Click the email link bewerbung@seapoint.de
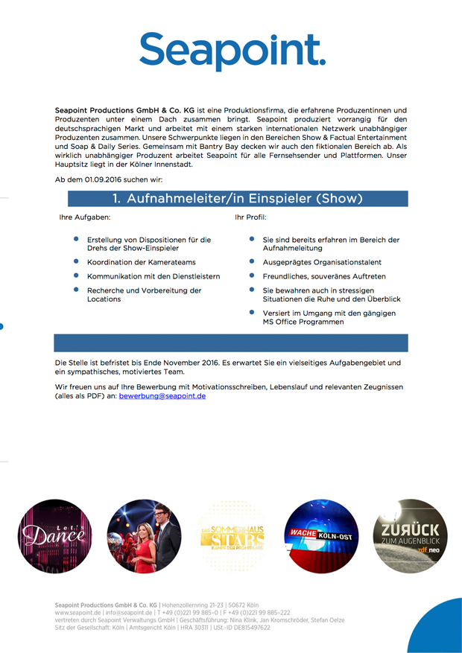pyautogui.click(x=162, y=396)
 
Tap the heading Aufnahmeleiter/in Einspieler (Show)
pyautogui.click(x=238, y=199)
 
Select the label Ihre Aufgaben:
pyautogui.click(x=85, y=217)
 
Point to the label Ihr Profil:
pyautogui.click(x=250, y=217)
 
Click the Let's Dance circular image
pyautogui.click(x=50, y=536)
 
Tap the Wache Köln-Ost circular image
pyautogui.click(x=323, y=536)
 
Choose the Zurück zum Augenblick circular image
pyautogui.click(x=410, y=536)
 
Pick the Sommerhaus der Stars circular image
pyautogui.click(x=231, y=536)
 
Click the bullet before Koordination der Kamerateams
pyautogui.click(x=76, y=261)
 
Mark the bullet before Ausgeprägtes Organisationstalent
pyautogui.click(x=252, y=261)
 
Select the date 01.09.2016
pyautogui.click(x=103, y=180)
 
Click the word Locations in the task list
pyautogui.click(x=104, y=299)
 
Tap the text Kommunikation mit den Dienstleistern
pyautogui.click(x=154, y=276)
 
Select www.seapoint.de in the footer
pyautogui.click(x=77, y=613)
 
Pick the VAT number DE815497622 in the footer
pyautogui.click(x=245, y=628)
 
